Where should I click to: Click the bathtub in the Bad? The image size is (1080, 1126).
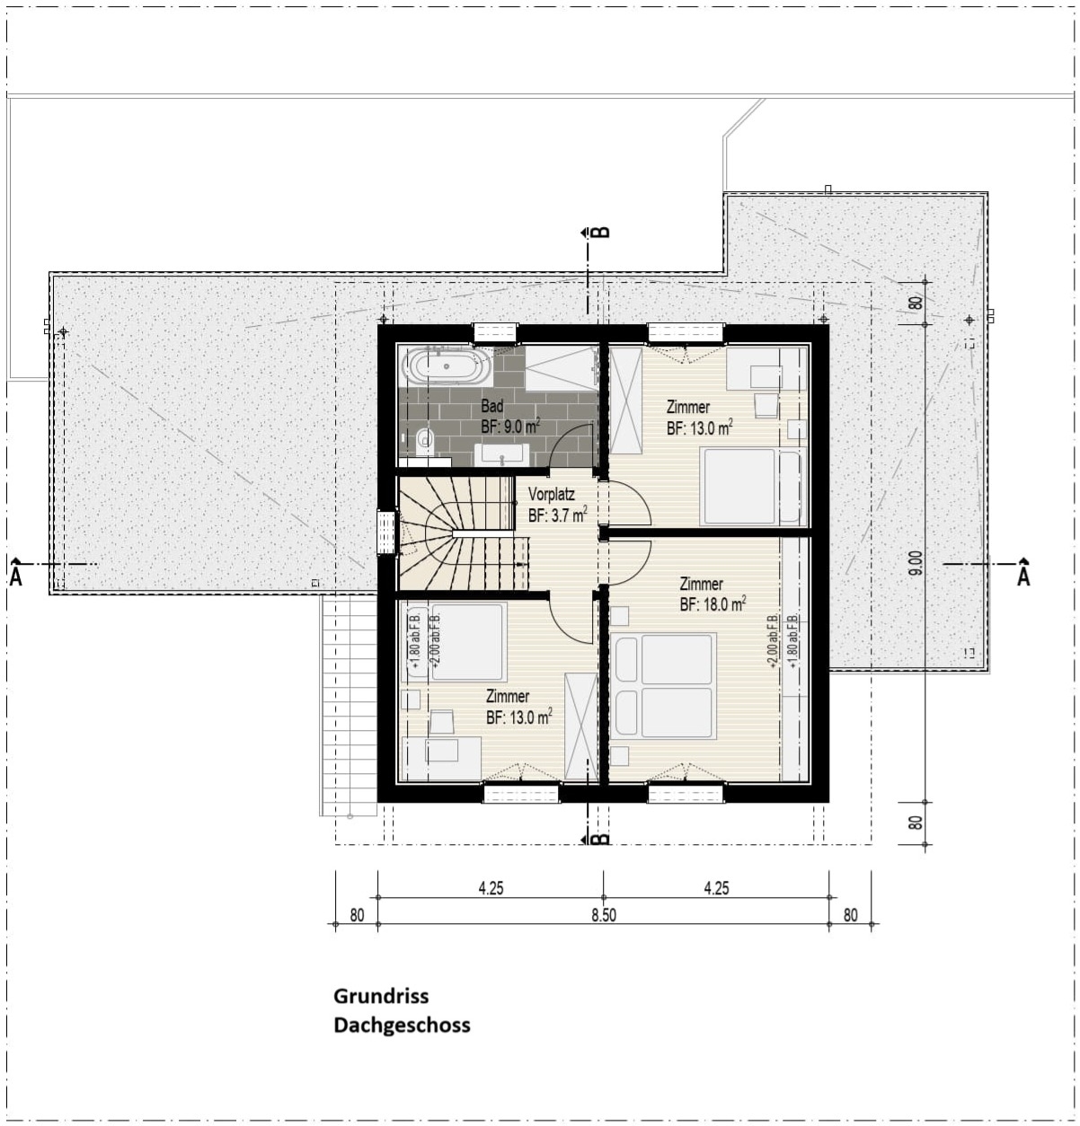[447, 366]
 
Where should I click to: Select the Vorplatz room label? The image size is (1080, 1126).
[552, 495]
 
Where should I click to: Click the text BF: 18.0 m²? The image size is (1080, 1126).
[713, 604]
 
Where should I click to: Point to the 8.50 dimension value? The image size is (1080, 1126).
[603, 915]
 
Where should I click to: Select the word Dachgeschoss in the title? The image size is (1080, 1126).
[402, 1025]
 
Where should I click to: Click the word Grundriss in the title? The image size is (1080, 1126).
[381, 996]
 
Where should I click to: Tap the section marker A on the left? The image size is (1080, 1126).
[16, 574]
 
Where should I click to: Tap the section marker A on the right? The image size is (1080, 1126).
[1022, 574]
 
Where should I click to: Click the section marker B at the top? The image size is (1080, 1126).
[602, 232]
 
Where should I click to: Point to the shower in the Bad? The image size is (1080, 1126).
[560, 370]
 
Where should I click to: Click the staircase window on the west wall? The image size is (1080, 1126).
[386, 532]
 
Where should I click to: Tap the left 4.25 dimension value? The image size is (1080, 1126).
[491, 889]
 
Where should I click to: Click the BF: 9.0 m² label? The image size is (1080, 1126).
[509, 427]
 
